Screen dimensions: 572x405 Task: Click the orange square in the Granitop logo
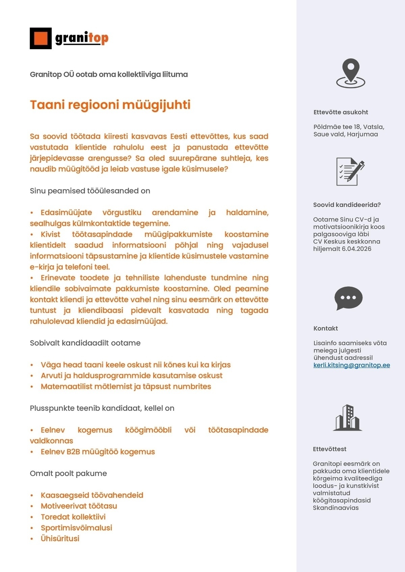(x=40, y=38)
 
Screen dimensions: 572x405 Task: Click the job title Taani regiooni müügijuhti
(x=110, y=105)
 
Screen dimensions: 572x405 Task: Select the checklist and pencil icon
(x=350, y=172)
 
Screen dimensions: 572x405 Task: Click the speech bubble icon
(x=348, y=298)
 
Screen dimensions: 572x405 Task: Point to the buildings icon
(x=348, y=418)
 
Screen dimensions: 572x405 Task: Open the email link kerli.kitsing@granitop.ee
(x=351, y=365)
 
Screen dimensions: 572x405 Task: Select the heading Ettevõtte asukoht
(x=341, y=112)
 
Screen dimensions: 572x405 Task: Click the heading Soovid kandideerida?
(x=347, y=205)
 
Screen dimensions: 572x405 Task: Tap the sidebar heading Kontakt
(x=325, y=328)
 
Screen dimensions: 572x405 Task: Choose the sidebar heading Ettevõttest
(x=329, y=449)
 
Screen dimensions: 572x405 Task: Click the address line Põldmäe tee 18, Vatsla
(x=349, y=127)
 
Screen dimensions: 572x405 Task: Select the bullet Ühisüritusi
(x=60, y=539)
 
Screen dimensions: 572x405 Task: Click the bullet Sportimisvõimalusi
(x=76, y=528)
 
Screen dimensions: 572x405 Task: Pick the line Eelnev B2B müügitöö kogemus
(x=98, y=452)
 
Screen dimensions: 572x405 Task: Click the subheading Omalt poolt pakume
(x=68, y=473)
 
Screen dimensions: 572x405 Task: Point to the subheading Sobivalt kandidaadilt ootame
(x=85, y=343)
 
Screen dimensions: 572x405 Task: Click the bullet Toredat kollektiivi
(x=73, y=517)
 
